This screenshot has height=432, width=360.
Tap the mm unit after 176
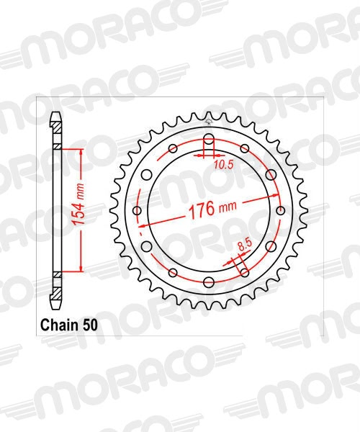[228, 208]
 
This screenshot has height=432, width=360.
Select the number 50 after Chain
[92, 323]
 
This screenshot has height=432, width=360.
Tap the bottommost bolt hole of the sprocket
[208, 282]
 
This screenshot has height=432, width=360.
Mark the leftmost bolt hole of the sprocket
[137, 210]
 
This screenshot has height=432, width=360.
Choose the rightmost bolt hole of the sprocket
[279, 210]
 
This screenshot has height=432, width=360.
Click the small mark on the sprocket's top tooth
[208, 113]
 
